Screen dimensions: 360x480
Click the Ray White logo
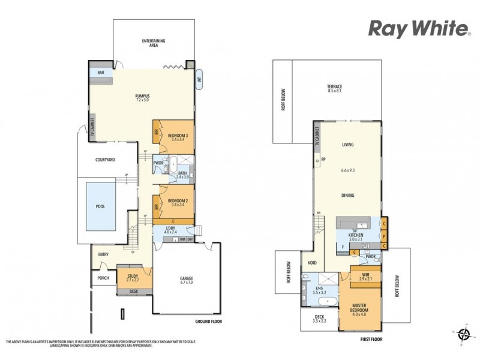[418, 28]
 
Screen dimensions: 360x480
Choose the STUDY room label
[132, 277]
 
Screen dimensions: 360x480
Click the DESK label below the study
[133, 292]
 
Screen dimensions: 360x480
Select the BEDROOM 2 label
[178, 202]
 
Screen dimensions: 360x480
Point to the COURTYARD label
[105, 160]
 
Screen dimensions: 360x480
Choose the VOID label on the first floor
[311, 262]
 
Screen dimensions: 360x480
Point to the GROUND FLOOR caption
[209, 322]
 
